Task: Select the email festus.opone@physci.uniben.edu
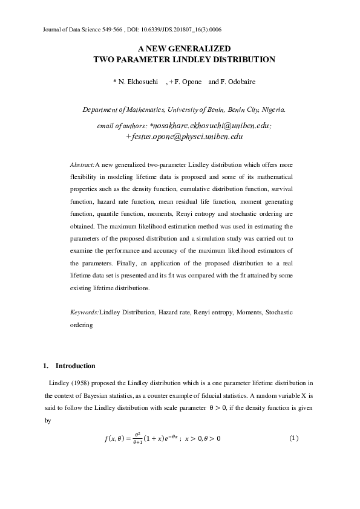[186, 137]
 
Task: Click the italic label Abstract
[82, 164]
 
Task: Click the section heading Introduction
[75, 366]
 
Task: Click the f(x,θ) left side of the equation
[115, 438]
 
